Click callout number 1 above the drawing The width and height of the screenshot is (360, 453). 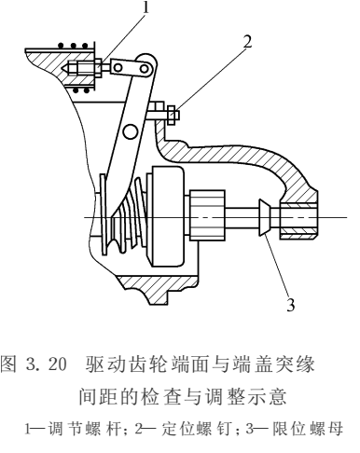pos(145,8)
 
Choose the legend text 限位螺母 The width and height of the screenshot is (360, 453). pos(298,430)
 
